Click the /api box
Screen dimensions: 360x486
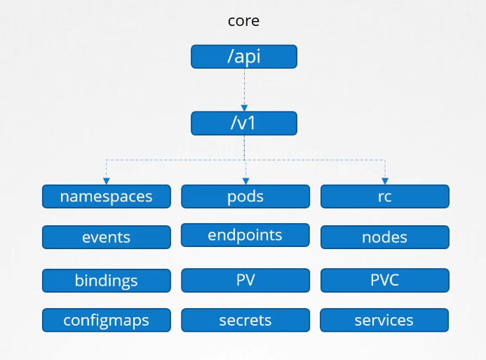pyautogui.click(x=244, y=57)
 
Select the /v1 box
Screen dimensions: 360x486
pyautogui.click(x=244, y=124)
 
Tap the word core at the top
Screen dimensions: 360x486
pyautogui.click(x=243, y=20)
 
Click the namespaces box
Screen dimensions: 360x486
pyautogui.click(x=106, y=196)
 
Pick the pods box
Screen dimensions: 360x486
pyautogui.click(x=245, y=196)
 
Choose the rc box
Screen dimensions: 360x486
pyautogui.click(x=384, y=196)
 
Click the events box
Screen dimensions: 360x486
pyautogui.click(x=106, y=237)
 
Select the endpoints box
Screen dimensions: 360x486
pyautogui.click(x=245, y=235)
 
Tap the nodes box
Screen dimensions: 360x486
pyautogui.click(x=384, y=237)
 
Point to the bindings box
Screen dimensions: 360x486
pyautogui.click(x=106, y=281)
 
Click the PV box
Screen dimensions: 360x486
pyautogui.click(x=245, y=281)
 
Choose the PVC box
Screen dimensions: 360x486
pyautogui.click(x=384, y=281)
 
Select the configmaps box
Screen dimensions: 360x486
pyautogui.click(x=106, y=320)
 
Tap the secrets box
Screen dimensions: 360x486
pyautogui.click(x=245, y=320)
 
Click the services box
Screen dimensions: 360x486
pyautogui.click(x=384, y=320)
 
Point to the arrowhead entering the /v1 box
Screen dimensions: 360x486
pyautogui.click(x=244, y=107)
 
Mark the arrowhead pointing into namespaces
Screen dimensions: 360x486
pyautogui.click(x=106, y=181)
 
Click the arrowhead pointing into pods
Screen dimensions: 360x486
pyautogui.click(x=245, y=181)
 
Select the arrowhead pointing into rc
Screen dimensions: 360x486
pyautogui.click(x=384, y=181)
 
